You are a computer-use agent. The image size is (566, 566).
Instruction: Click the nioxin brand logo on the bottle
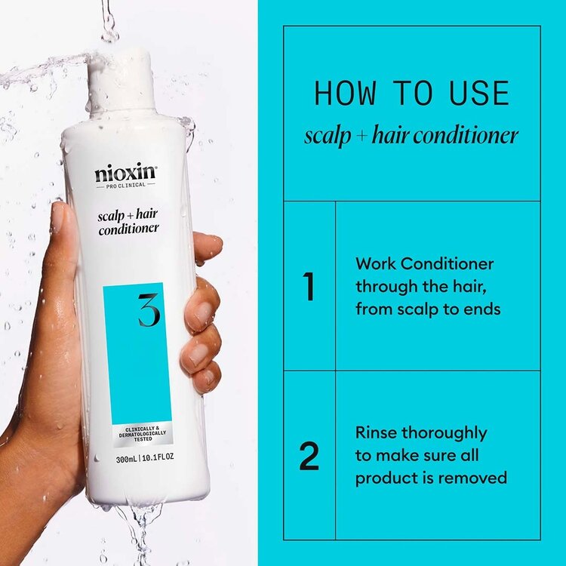click(125, 174)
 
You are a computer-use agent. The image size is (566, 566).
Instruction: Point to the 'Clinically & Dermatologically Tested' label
click(137, 434)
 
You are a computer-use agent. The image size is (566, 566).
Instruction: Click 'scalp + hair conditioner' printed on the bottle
click(128, 223)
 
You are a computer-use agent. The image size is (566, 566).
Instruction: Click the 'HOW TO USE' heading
click(411, 94)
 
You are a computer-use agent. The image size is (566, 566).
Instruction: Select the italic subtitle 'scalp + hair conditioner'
click(411, 136)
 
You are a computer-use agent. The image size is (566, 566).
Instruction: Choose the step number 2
click(309, 456)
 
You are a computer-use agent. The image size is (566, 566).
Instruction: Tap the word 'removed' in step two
click(477, 478)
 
